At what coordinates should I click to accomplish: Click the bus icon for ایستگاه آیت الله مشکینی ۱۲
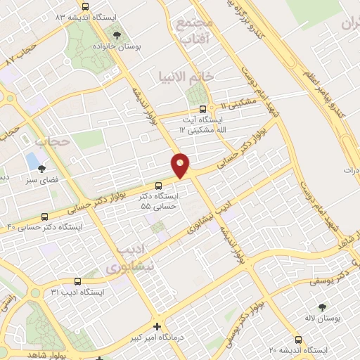(203, 109)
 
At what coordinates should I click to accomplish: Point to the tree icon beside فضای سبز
(42, 168)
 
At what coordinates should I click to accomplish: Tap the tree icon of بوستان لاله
(321, 307)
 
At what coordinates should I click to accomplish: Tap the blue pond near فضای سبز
(32, 160)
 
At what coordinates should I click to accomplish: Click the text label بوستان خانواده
(116, 47)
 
